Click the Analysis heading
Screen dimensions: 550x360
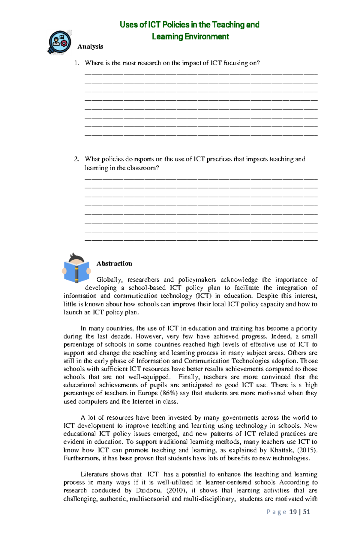[x=90, y=46]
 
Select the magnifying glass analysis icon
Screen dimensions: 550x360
[x=60, y=42]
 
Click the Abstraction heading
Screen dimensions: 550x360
[x=114, y=263]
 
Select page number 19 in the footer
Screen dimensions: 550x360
[x=293, y=512]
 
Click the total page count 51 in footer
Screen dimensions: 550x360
[x=306, y=512]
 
